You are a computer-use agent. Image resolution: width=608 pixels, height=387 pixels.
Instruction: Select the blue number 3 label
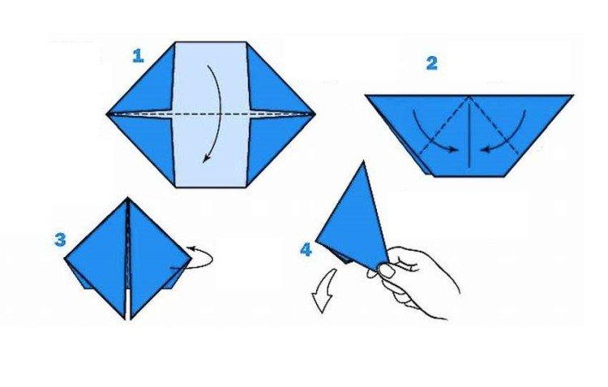coord(60,239)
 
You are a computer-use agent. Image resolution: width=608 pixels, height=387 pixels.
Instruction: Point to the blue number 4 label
coord(306,251)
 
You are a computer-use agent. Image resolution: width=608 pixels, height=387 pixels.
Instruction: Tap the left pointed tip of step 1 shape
coord(109,114)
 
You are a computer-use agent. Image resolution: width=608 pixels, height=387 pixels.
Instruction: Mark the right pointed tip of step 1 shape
coord(314,114)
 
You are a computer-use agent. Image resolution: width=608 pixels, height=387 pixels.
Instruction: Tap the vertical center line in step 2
coord(469,134)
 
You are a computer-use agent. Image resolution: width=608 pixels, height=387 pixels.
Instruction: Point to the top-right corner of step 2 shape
coord(572,96)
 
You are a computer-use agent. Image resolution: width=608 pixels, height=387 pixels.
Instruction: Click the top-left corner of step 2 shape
coord(366,96)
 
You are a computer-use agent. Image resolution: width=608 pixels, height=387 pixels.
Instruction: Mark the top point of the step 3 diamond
coord(128,199)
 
